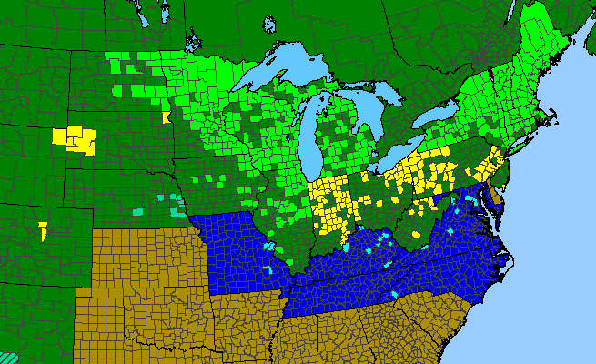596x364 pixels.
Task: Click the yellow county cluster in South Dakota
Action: (x=75, y=137)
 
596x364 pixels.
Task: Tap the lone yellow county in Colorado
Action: (x=43, y=229)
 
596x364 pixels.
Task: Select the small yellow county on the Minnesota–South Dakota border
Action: (x=166, y=117)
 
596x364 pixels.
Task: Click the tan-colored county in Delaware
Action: (x=498, y=194)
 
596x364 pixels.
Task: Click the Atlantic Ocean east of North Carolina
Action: (x=546, y=273)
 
